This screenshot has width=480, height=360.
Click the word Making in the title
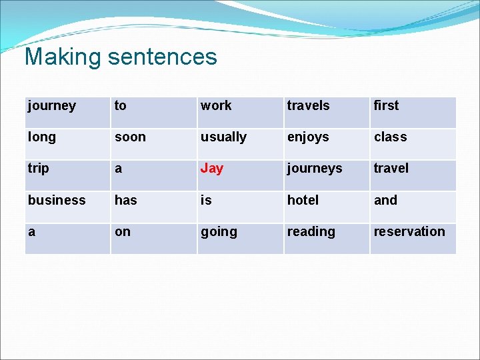tap(63, 57)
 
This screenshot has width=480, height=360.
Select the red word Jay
tap(212, 169)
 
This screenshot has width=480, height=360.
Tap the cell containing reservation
tap(409, 232)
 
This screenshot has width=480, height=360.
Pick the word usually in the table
tap(223, 137)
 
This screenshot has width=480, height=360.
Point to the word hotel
tap(303, 200)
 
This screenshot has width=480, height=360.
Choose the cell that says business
tap(57, 200)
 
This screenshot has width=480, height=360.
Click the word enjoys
tap(308, 137)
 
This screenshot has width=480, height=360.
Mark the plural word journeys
tap(314, 169)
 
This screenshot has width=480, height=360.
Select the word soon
tap(130, 137)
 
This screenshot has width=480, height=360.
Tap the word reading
tap(311, 232)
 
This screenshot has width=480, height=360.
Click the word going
tap(219, 232)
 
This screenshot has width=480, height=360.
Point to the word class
tap(390, 137)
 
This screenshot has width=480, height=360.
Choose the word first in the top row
tap(386, 105)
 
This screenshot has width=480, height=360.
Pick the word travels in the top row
tap(308, 105)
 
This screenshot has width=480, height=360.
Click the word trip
tap(38, 169)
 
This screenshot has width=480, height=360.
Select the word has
tap(125, 200)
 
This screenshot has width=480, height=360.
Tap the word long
tap(41, 137)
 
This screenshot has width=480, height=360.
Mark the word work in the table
tap(216, 105)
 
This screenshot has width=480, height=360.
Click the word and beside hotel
tap(385, 200)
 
